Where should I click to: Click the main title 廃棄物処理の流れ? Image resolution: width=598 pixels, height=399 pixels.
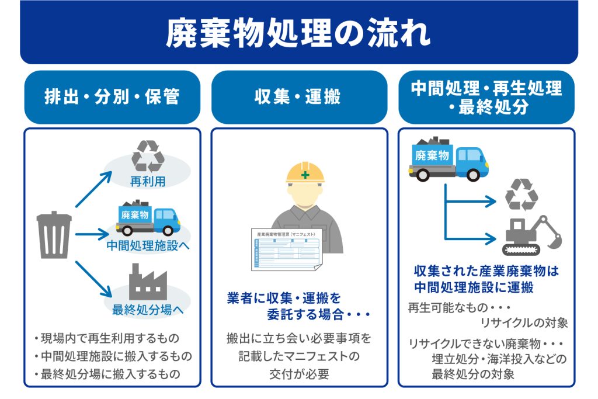point(298,34)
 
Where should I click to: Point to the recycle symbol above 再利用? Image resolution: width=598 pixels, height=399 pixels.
point(148,155)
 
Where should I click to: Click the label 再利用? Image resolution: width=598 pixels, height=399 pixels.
point(148,182)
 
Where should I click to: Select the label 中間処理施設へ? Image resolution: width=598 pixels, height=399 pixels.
point(148,245)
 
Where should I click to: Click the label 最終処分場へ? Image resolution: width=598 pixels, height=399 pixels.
point(148,310)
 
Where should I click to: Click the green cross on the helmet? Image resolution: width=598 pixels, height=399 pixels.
point(305,175)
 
